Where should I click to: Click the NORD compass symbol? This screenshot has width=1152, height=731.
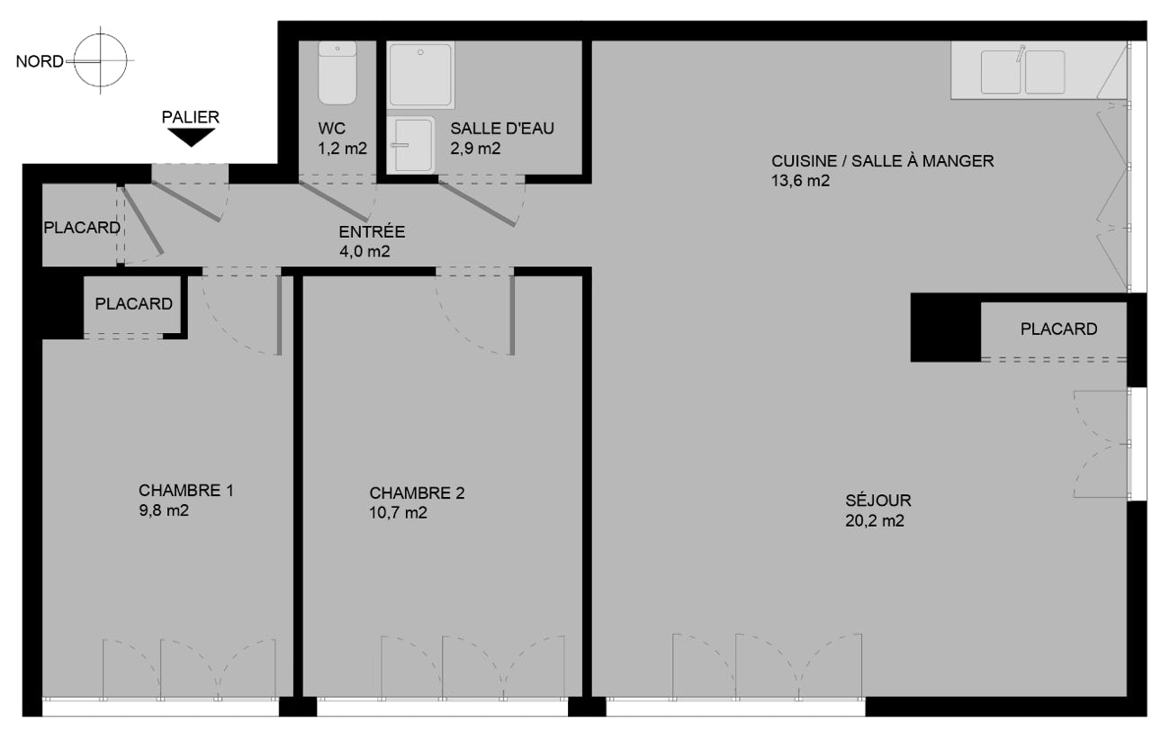pyautogui.click(x=101, y=60)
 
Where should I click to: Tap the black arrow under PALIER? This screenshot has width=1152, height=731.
pyautogui.click(x=191, y=138)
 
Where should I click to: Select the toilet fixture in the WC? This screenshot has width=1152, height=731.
pyautogui.click(x=337, y=73)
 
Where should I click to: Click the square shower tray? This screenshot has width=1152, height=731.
pyautogui.click(x=420, y=75)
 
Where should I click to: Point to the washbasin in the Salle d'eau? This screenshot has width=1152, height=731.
pyautogui.click(x=411, y=145)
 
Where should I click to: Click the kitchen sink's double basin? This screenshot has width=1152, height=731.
pyautogui.click(x=1022, y=72)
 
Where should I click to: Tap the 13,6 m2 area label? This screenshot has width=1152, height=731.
pyautogui.click(x=800, y=181)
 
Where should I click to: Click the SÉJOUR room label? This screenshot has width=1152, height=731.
pyautogui.click(x=878, y=500)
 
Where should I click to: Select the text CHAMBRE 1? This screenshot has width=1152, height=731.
pyautogui.click(x=186, y=491)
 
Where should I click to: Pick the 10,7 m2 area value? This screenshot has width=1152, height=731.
pyautogui.click(x=398, y=513)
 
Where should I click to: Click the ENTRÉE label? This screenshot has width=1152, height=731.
pyautogui.click(x=372, y=231)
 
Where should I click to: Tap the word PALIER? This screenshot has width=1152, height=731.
pyautogui.click(x=190, y=117)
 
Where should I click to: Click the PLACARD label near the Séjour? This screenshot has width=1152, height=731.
pyautogui.click(x=1059, y=329)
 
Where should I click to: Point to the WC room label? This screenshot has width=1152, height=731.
pyautogui.click(x=332, y=128)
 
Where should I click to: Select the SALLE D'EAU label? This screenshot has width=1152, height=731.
pyautogui.click(x=502, y=128)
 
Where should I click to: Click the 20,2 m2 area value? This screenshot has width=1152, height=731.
pyautogui.click(x=875, y=520)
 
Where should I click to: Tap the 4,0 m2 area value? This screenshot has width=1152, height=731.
pyautogui.click(x=364, y=251)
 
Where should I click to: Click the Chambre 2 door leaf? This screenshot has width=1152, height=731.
pyautogui.click(x=512, y=315)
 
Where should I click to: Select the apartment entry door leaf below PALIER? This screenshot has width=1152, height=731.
pyautogui.click(x=186, y=201)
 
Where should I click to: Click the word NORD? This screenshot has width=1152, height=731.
pyautogui.click(x=40, y=61)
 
